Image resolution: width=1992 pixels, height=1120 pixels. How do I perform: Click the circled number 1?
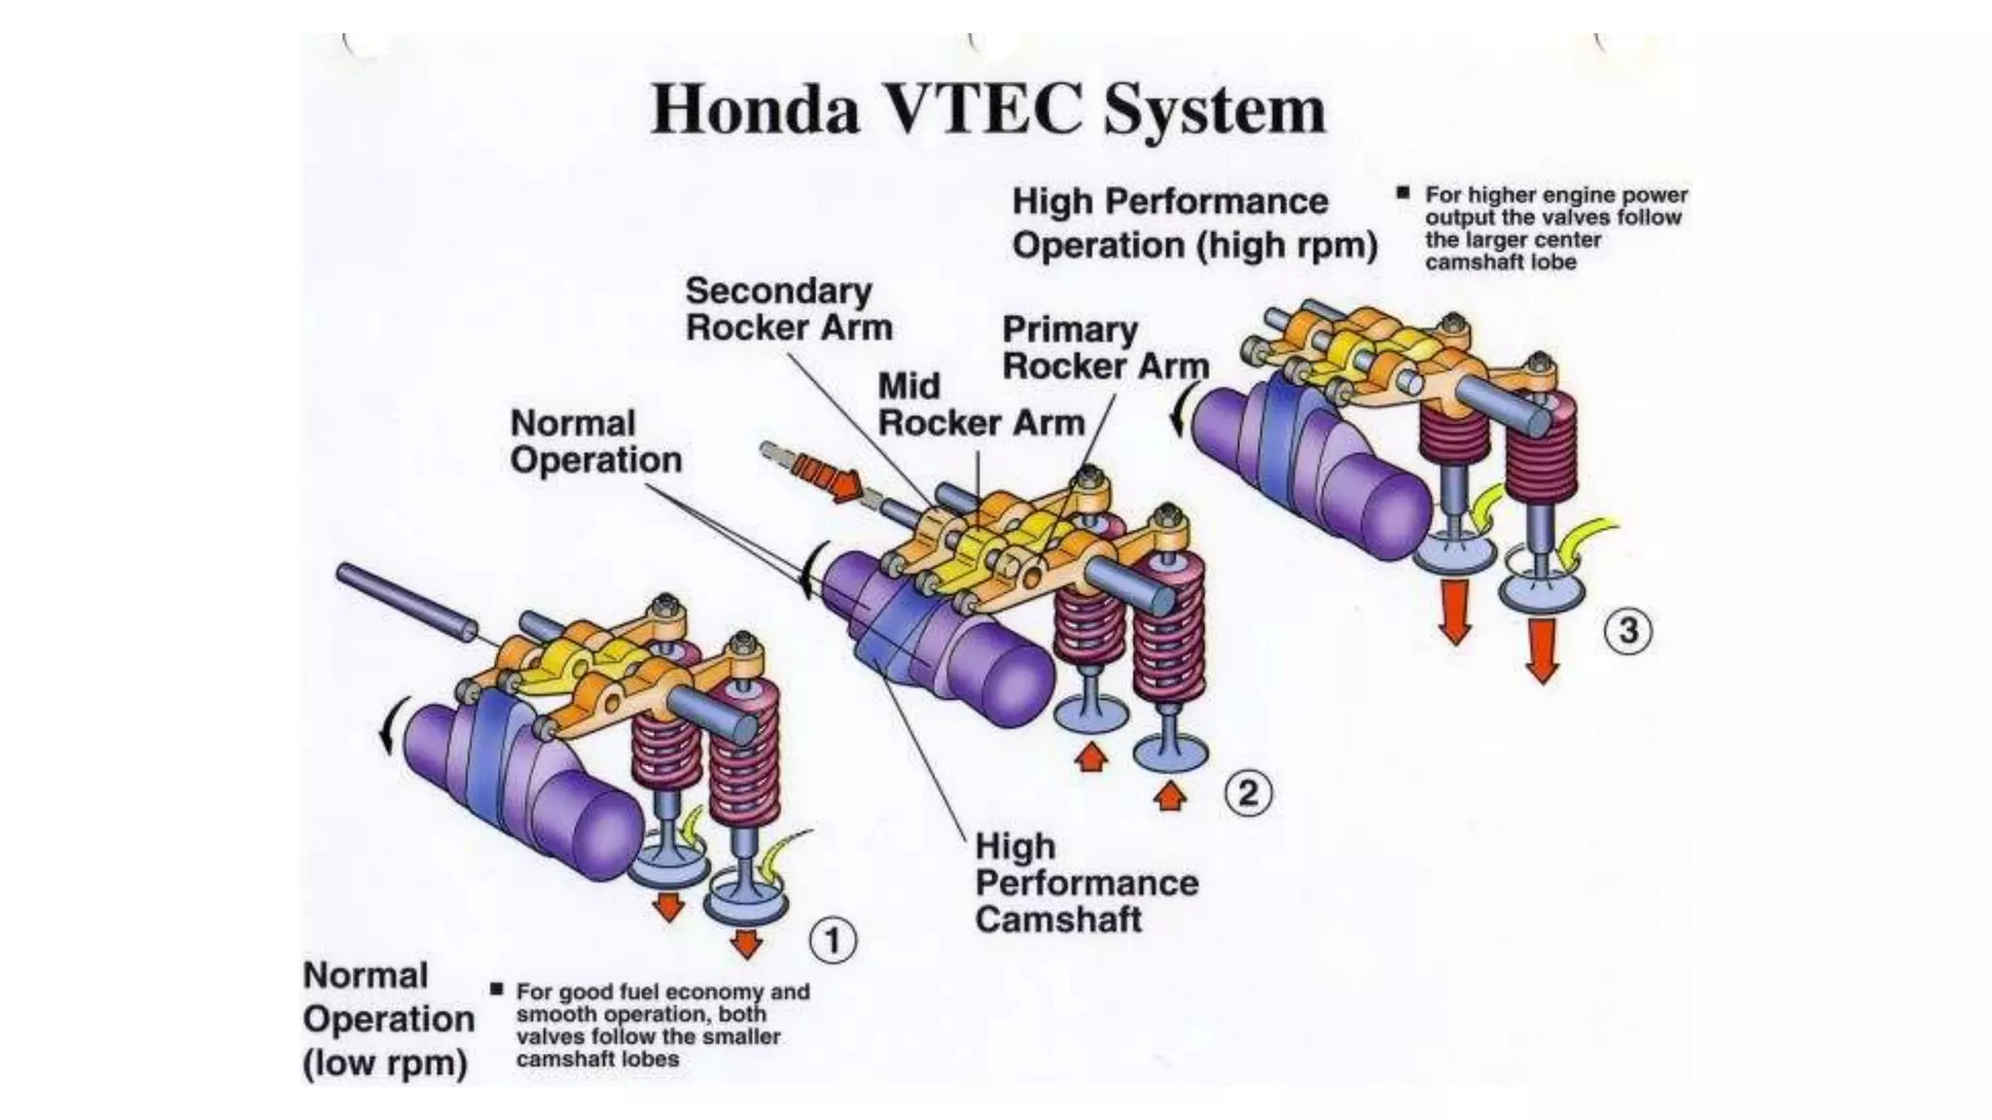pyautogui.click(x=833, y=940)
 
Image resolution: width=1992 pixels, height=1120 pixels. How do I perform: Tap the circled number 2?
pyautogui.click(x=1248, y=793)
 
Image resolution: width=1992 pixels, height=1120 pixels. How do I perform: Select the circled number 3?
pyautogui.click(x=1627, y=631)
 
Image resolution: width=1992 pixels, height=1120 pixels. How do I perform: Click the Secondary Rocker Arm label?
pyautogui.click(x=788, y=308)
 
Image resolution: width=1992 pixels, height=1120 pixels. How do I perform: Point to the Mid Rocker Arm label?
pyautogui.click(x=980, y=404)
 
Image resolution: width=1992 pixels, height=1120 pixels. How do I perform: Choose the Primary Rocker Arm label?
pyautogui.click(x=1105, y=348)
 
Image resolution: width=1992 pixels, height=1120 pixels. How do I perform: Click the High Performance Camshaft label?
pyautogui.click(x=1085, y=883)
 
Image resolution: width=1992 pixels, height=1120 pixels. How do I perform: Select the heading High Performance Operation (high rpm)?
pyautogui.click(x=1193, y=223)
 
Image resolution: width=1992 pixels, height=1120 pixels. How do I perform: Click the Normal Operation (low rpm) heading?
pyautogui.click(x=388, y=1019)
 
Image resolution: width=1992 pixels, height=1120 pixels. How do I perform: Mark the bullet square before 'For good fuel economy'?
pyautogui.click(x=497, y=990)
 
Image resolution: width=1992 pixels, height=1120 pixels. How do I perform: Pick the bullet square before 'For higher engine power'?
pyautogui.click(x=1403, y=192)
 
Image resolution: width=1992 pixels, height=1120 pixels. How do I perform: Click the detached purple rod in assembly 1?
pyautogui.click(x=407, y=603)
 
